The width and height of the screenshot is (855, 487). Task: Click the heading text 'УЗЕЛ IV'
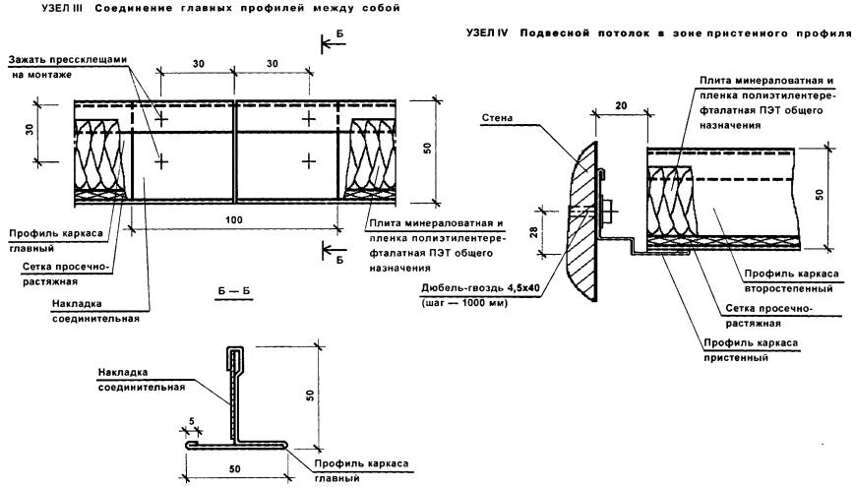(489, 34)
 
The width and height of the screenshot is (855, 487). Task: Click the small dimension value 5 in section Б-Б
(191, 421)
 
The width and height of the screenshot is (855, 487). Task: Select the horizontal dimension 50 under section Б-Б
(234, 459)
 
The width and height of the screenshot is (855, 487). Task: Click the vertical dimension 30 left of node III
(29, 130)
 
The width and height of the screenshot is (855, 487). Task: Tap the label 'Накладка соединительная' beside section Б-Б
(142, 380)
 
